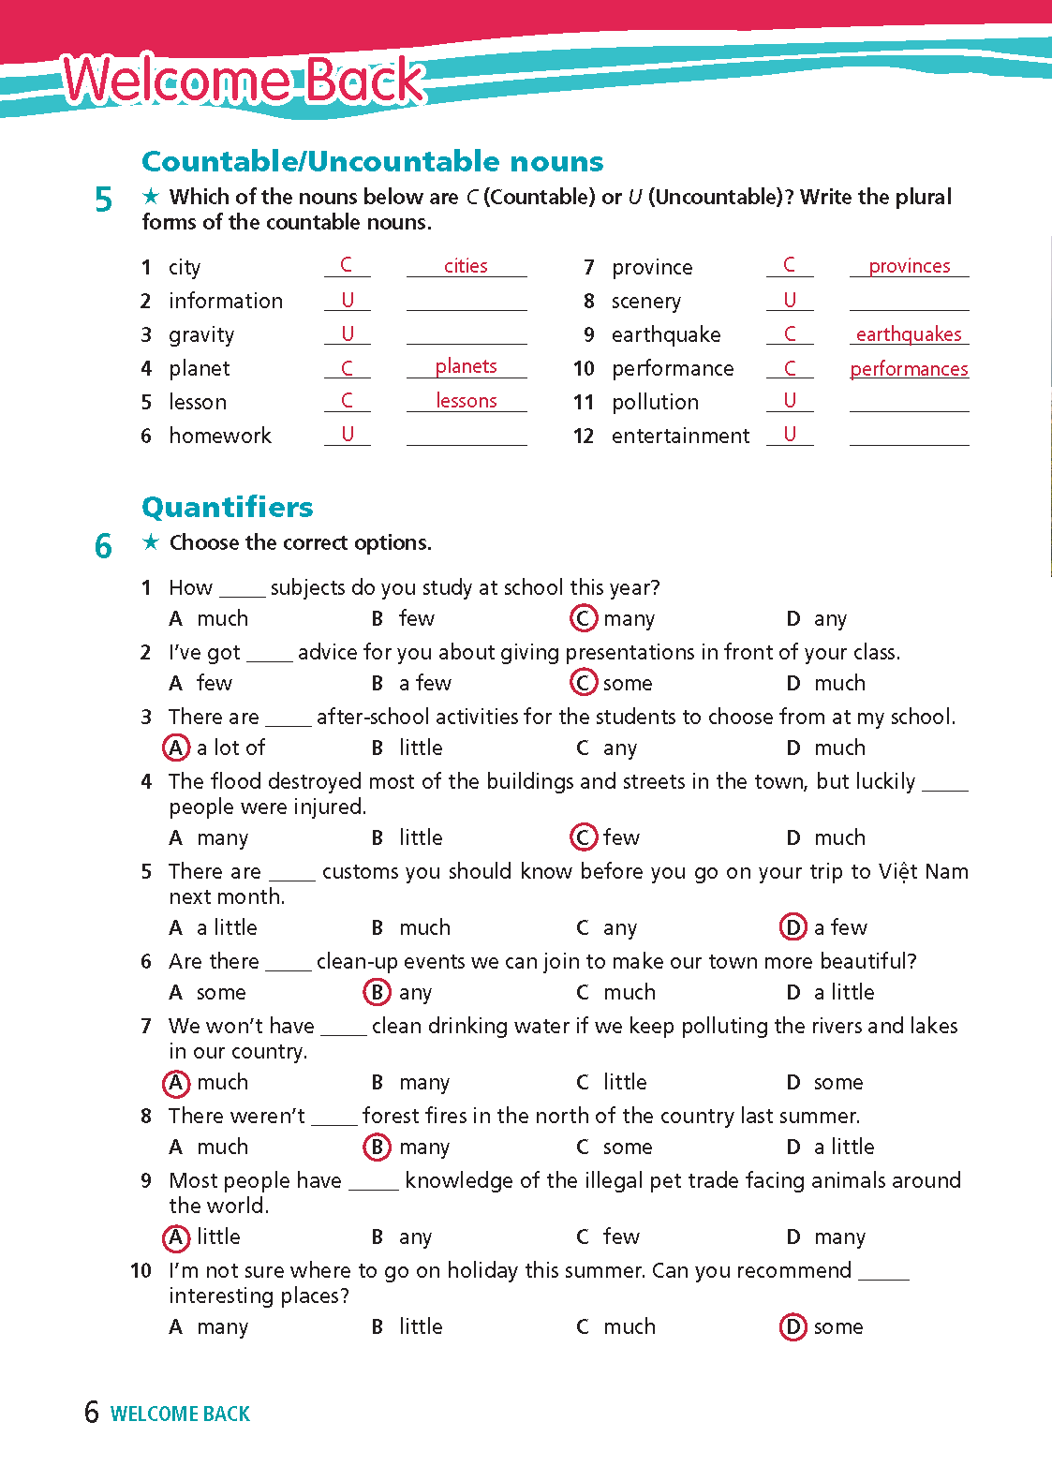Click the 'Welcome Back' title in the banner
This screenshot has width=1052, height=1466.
tap(244, 80)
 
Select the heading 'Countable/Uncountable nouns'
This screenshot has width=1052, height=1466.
tap(372, 161)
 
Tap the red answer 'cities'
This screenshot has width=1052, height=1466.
tap(466, 266)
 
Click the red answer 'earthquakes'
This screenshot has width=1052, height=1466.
tap(909, 334)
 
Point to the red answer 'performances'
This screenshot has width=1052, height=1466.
tap(909, 369)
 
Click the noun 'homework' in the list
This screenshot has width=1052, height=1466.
tap(220, 436)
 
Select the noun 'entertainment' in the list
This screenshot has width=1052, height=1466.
tap(680, 436)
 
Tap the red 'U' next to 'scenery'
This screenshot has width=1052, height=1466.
tap(790, 300)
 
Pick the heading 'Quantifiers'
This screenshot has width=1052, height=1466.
tap(228, 507)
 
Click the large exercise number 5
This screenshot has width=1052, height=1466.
tap(103, 200)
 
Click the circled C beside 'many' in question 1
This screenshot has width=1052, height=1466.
tap(583, 618)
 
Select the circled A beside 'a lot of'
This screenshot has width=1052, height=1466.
tap(176, 748)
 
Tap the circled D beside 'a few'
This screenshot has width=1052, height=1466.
tap(793, 927)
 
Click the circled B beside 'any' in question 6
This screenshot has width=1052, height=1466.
tap(377, 992)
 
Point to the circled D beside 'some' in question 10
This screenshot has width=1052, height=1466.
tap(793, 1326)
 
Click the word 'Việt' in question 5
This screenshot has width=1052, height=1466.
tap(897, 871)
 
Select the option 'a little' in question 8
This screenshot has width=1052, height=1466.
tap(843, 1147)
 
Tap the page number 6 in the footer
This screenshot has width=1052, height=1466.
tap(91, 1412)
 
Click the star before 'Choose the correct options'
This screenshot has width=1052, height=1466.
tap(150, 542)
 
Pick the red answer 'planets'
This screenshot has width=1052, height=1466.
tap(466, 366)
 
